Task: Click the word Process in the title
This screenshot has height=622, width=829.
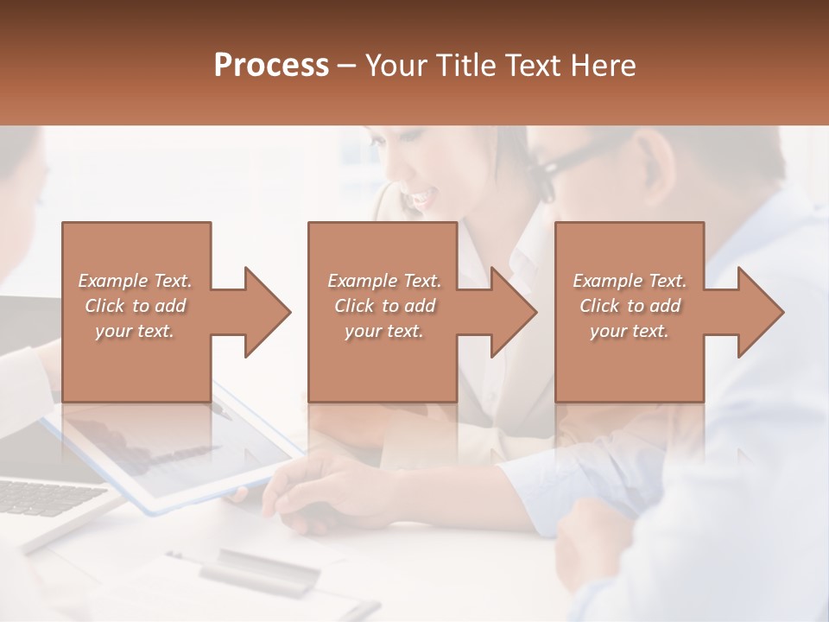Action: coord(271,66)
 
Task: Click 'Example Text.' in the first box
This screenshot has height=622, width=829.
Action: coord(135,281)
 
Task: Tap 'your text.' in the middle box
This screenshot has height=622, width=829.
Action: coord(384,331)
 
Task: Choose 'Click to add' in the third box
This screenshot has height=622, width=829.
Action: coord(630,306)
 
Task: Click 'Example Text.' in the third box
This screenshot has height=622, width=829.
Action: coord(630,281)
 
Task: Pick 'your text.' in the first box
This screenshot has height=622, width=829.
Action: coord(135,331)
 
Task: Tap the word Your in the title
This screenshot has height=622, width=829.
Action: coord(396,66)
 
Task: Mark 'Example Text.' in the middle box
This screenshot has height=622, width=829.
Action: coord(384,281)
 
